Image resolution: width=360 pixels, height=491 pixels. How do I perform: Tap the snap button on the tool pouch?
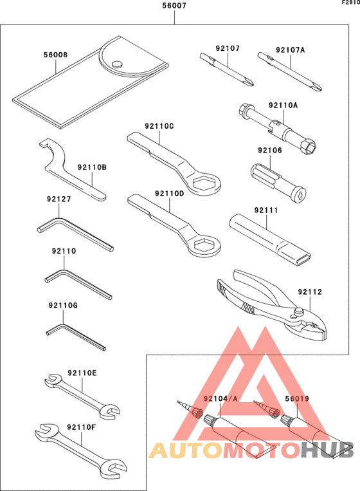[x=116, y=64]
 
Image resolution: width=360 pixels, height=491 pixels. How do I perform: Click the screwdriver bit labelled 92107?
[x=227, y=70]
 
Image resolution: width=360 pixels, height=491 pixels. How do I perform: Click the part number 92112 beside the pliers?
[x=309, y=292]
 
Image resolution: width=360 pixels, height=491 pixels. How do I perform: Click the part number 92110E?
[x=82, y=373]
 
